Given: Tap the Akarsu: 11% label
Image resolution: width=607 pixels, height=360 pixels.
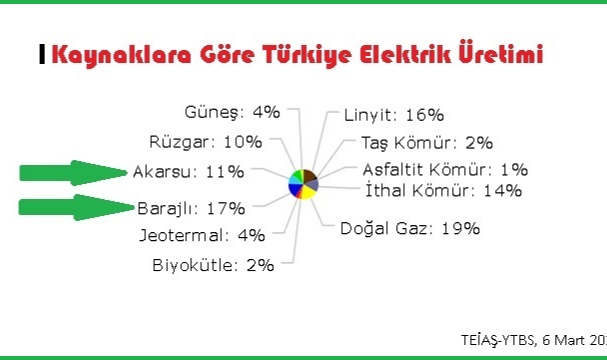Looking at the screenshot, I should coord(188,171).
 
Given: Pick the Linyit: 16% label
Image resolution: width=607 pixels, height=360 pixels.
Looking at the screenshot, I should coord(393,115).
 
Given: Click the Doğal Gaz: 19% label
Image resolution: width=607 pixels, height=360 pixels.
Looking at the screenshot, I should coord(410,228).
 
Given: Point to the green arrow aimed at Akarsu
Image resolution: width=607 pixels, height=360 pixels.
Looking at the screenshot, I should coord(74,172).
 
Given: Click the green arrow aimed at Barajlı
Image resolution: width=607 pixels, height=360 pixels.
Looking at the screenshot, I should coord(74,208).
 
